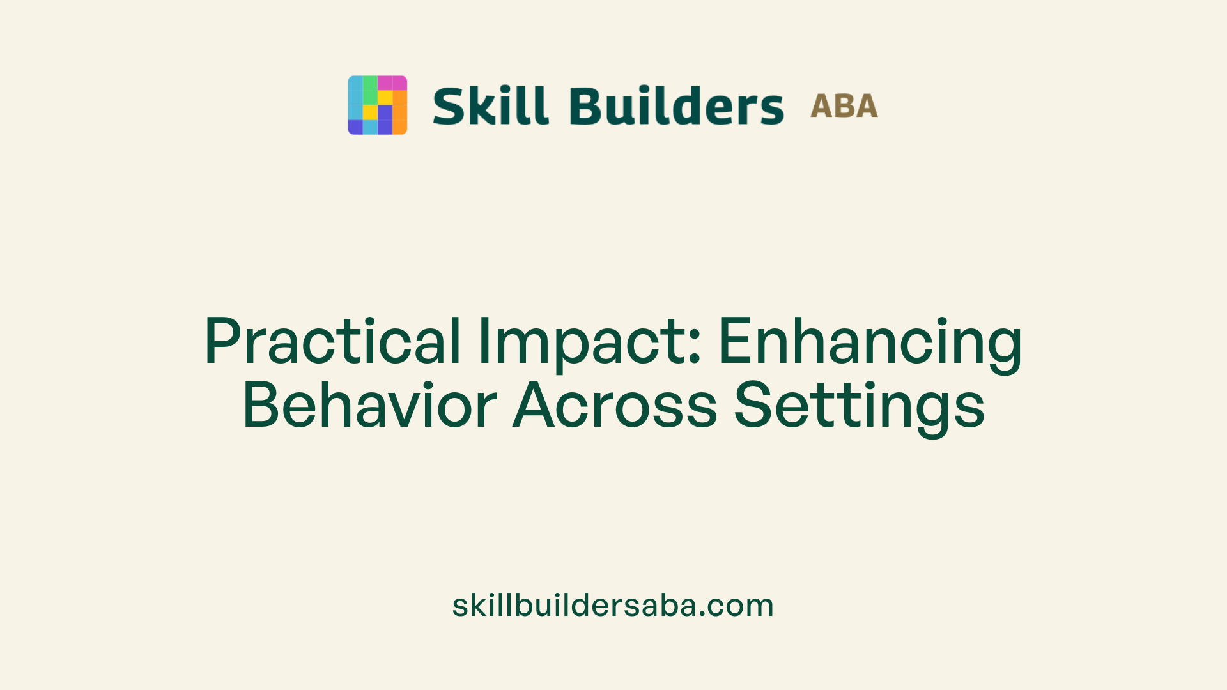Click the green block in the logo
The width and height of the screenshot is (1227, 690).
370,90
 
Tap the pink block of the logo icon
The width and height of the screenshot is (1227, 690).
392,83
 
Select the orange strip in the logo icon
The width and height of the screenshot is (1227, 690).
399,112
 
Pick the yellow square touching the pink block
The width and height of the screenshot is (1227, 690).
385,98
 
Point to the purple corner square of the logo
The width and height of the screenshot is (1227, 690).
355,127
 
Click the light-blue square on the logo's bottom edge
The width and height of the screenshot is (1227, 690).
370,127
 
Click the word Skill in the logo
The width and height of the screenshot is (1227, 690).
490,106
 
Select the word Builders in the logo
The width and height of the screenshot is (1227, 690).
676,106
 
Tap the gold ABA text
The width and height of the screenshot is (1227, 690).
844,106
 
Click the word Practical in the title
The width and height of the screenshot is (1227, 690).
332,342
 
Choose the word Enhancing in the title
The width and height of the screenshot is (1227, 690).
870,342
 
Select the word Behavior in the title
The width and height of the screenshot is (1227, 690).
369,406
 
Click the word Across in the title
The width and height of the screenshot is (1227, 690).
615,406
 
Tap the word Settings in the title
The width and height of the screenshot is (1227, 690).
859,406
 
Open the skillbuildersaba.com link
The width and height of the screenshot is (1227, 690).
613,605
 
